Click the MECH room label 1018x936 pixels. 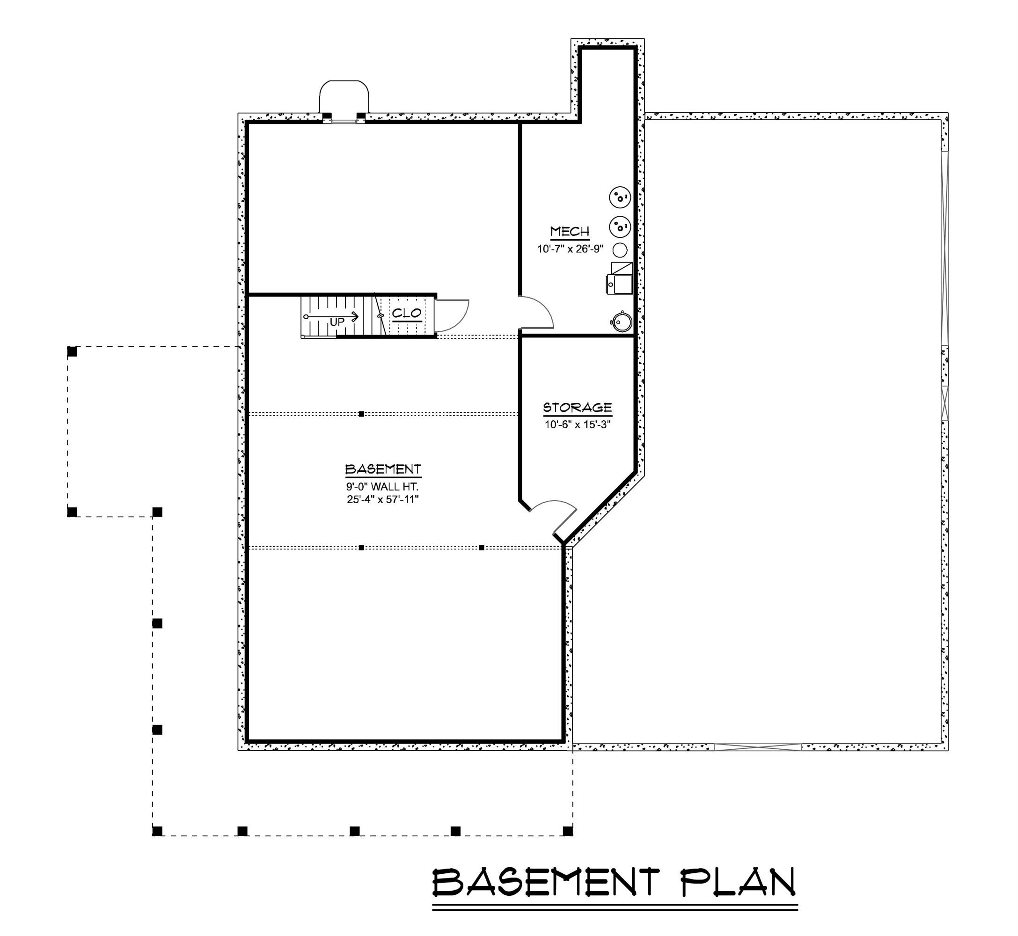[x=570, y=232]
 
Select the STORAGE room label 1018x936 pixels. [x=578, y=408]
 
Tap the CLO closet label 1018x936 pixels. [x=407, y=314]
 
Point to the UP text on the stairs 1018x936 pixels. [x=337, y=322]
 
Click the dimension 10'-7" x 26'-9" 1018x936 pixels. [x=570, y=249]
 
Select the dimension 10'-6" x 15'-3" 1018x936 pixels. [x=578, y=424]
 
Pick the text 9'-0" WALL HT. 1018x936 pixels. [x=382, y=487]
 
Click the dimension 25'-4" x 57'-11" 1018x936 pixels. [x=382, y=499]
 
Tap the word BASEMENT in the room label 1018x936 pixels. [x=383, y=469]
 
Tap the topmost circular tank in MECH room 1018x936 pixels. [x=620, y=197]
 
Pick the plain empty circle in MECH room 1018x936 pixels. [x=620, y=250]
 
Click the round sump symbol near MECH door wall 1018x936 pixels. [x=622, y=321]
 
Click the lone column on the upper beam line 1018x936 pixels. [x=361, y=414]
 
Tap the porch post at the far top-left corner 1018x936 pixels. [x=73, y=351]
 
